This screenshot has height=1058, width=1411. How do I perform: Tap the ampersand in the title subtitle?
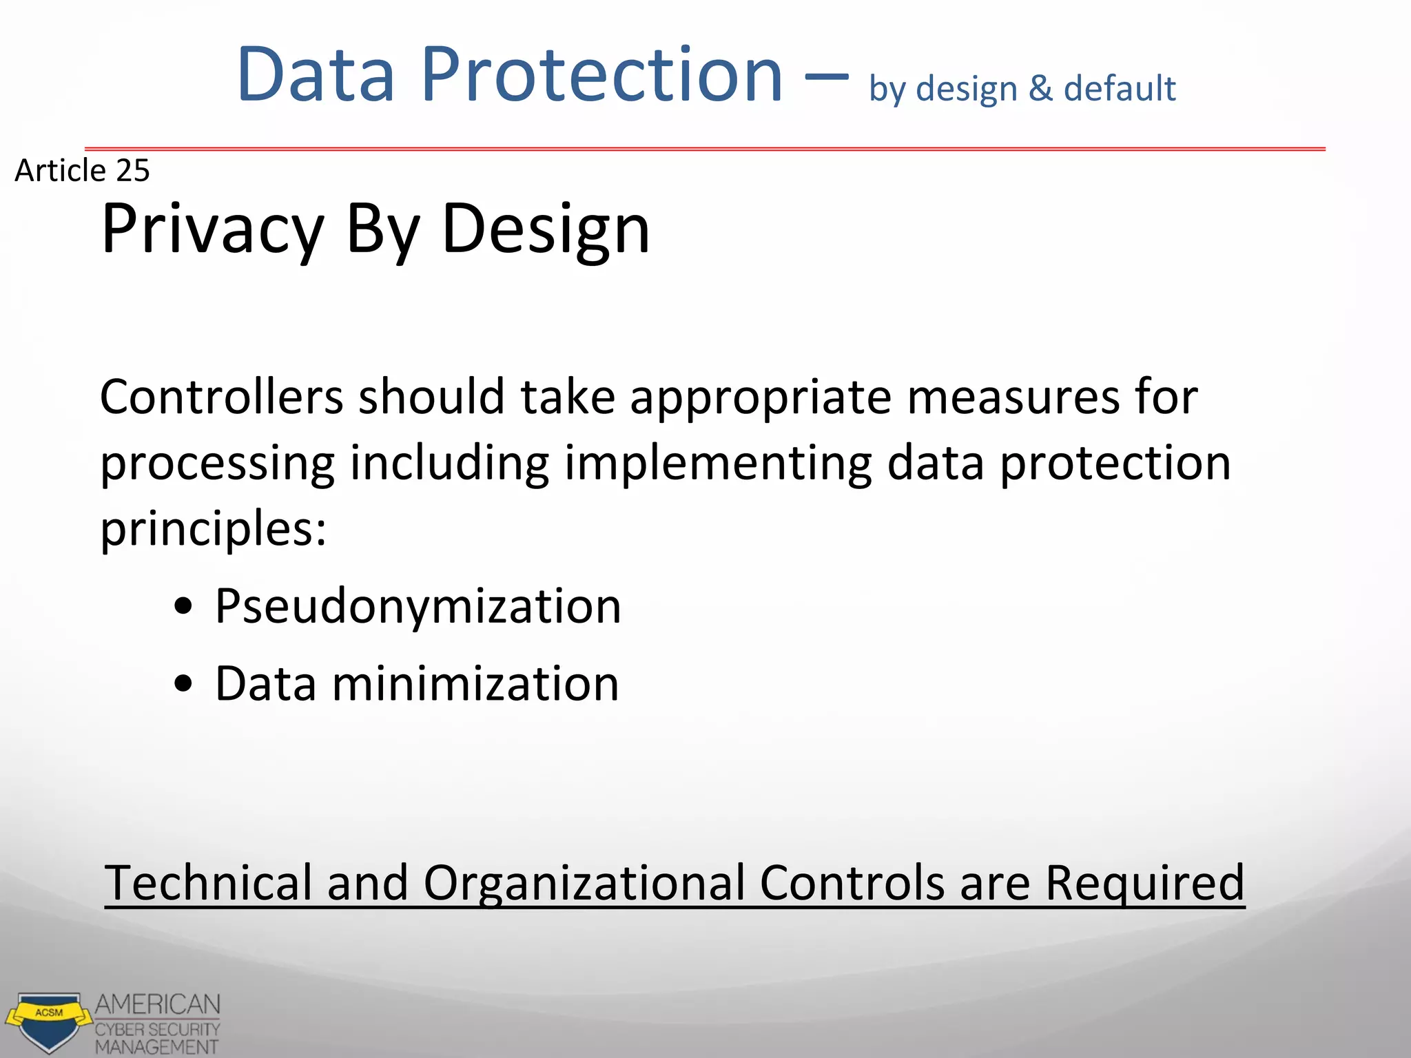click(1040, 89)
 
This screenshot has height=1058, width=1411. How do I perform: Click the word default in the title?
click(1120, 89)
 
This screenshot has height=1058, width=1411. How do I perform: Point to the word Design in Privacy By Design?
click(545, 229)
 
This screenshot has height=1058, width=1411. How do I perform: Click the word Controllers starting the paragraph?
click(221, 397)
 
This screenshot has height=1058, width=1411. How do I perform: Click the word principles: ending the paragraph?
click(213, 529)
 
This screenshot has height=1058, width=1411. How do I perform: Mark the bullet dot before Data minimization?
click(183, 685)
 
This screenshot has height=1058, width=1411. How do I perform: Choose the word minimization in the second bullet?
click(475, 684)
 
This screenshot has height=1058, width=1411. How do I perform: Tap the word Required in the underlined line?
click(1144, 884)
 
